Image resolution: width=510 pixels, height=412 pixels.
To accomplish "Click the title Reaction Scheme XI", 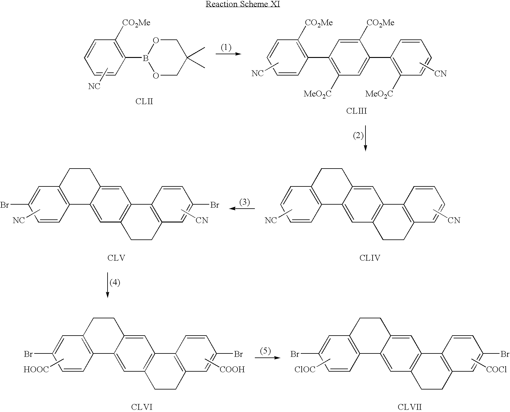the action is (243, 4).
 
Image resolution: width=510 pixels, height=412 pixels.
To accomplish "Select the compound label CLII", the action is (144, 101).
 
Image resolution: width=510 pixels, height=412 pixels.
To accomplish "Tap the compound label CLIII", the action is (357, 111).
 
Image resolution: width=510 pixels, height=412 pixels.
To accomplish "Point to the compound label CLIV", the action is (370, 258).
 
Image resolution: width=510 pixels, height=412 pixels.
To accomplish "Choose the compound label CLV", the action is (116, 258).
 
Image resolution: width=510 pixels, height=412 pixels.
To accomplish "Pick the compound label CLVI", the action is (142, 407).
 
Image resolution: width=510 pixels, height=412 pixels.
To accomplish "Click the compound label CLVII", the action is (410, 407).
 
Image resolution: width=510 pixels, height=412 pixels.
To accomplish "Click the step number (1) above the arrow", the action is (226, 47).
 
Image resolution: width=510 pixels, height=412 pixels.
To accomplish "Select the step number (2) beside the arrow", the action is (358, 136).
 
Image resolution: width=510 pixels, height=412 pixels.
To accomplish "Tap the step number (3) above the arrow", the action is (244, 202).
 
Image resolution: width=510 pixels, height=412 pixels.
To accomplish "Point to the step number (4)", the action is (115, 282).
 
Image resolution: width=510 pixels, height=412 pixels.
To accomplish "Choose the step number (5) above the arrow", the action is (265, 351).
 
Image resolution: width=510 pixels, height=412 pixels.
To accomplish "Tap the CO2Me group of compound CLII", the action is (136, 23).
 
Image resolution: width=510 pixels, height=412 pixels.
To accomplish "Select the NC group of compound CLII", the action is (94, 86).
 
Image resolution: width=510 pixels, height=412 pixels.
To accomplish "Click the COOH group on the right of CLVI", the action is (232, 369).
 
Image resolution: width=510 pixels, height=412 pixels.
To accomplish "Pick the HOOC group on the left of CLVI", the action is (36, 369).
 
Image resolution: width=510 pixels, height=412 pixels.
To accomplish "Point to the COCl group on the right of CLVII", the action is (496, 369).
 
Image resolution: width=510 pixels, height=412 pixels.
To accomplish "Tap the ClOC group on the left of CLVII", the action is (305, 369).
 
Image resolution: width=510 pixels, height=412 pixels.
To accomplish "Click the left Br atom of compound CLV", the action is (5, 205).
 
